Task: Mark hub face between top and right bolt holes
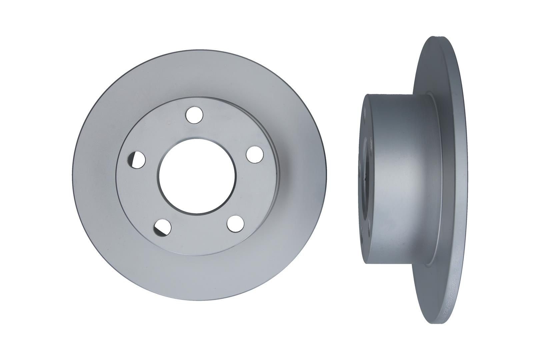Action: click(x=227, y=133)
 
